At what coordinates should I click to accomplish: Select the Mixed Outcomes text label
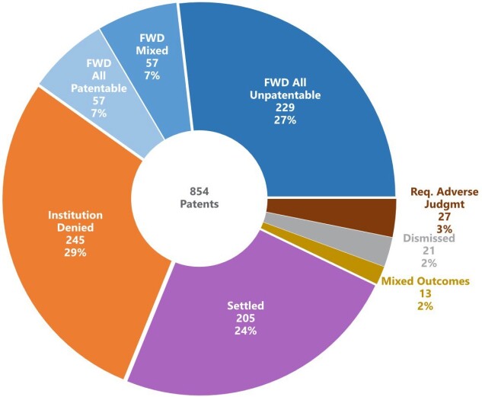click(425, 281)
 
